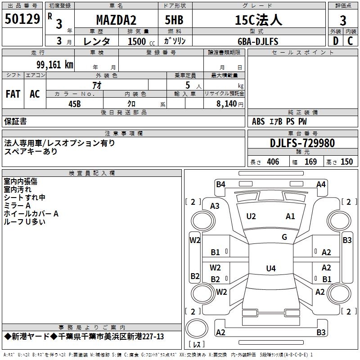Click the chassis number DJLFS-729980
[x=302, y=143]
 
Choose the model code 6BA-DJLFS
[x=258, y=41]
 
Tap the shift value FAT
[x=13, y=94]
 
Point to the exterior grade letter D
[x=335, y=41]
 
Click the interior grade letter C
[x=350, y=41]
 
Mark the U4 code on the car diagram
[x=270, y=269]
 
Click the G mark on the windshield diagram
[x=284, y=237]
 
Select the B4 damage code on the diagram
[x=220, y=184]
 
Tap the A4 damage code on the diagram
[x=321, y=184]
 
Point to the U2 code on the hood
[x=251, y=216]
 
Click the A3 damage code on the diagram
[x=215, y=206]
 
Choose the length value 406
[x=273, y=162]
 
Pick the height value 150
[x=346, y=162]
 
